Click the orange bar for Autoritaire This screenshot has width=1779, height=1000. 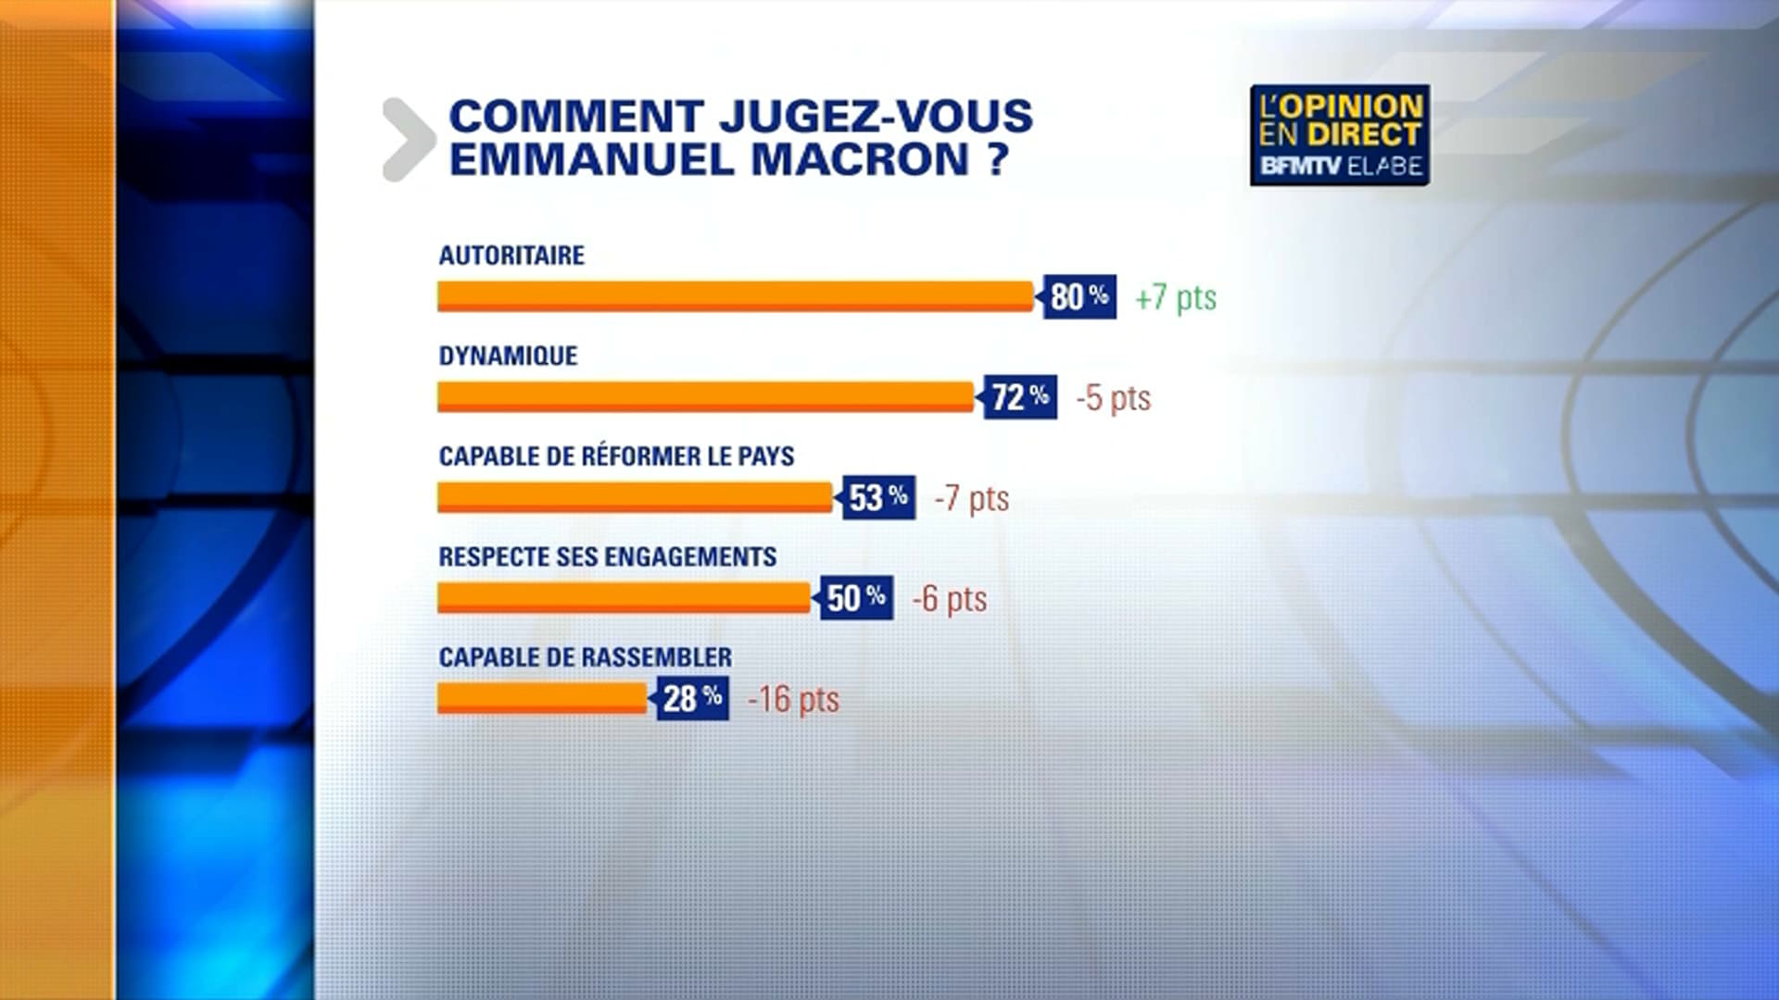point(735,296)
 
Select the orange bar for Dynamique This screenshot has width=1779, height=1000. point(705,397)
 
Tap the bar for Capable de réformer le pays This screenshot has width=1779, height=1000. point(635,497)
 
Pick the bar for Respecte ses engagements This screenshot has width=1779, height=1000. point(624,598)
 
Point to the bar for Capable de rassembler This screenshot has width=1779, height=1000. point(542,698)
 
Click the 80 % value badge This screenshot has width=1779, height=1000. point(1079,297)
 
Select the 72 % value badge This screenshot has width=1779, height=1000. point(1020,397)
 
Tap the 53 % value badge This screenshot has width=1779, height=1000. point(878,498)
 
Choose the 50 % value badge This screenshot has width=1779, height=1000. point(856,598)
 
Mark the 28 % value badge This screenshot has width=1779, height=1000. point(692,698)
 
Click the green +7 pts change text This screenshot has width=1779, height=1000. point(1176,298)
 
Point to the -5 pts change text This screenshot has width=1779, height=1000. point(1114,398)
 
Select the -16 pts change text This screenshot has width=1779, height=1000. point(794,699)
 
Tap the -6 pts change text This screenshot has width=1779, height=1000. point(950,599)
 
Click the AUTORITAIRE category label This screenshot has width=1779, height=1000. point(511,256)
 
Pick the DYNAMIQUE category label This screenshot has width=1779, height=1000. point(508,356)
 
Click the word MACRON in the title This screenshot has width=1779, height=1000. point(860,159)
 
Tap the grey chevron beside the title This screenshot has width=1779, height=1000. point(409,139)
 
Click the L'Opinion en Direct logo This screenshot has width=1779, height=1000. point(1339,135)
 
